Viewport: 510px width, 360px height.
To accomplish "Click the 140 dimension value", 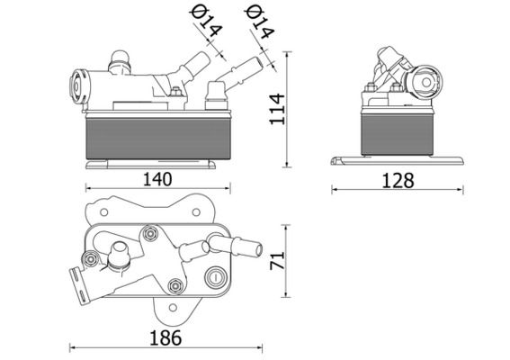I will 157,178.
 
